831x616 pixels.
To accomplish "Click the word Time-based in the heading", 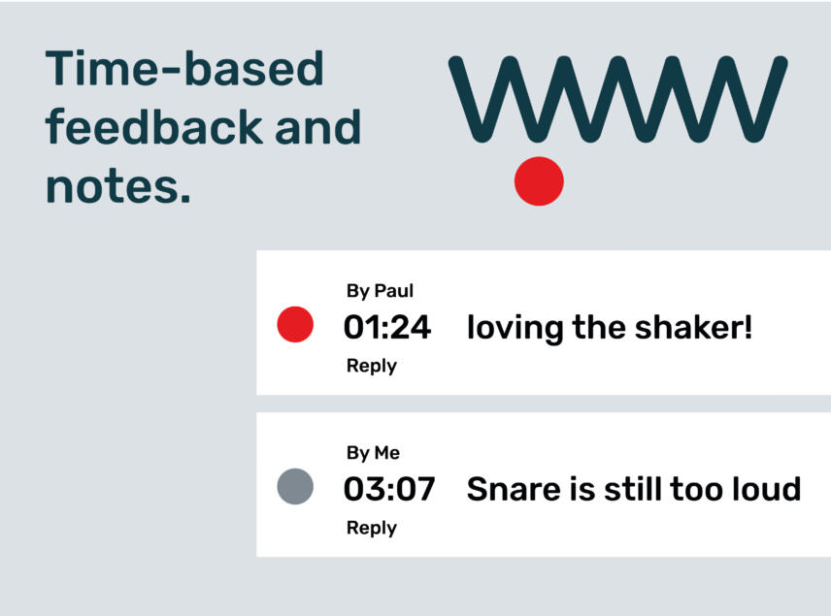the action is tap(184, 68).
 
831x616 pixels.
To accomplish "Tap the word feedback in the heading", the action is tap(154, 126).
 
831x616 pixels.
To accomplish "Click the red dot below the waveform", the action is tap(539, 181).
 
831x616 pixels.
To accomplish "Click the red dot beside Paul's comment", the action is tap(295, 324).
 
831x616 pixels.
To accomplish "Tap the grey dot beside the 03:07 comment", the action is tap(295, 486).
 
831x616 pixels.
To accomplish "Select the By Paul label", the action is tap(380, 291).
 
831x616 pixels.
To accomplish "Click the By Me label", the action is tap(373, 453).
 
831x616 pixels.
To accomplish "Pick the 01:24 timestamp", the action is tap(387, 327).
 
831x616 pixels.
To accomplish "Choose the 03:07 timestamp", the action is tap(389, 489).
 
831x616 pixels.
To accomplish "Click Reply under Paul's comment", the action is tap(372, 366).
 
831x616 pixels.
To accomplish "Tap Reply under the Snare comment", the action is tap(372, 528).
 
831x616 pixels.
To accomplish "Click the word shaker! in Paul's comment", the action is tap(693, 327).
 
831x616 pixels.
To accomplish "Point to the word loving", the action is tap(515, 329).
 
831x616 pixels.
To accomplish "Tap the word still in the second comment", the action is tap(633, 488).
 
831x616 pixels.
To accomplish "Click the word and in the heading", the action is tap(318, 126).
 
